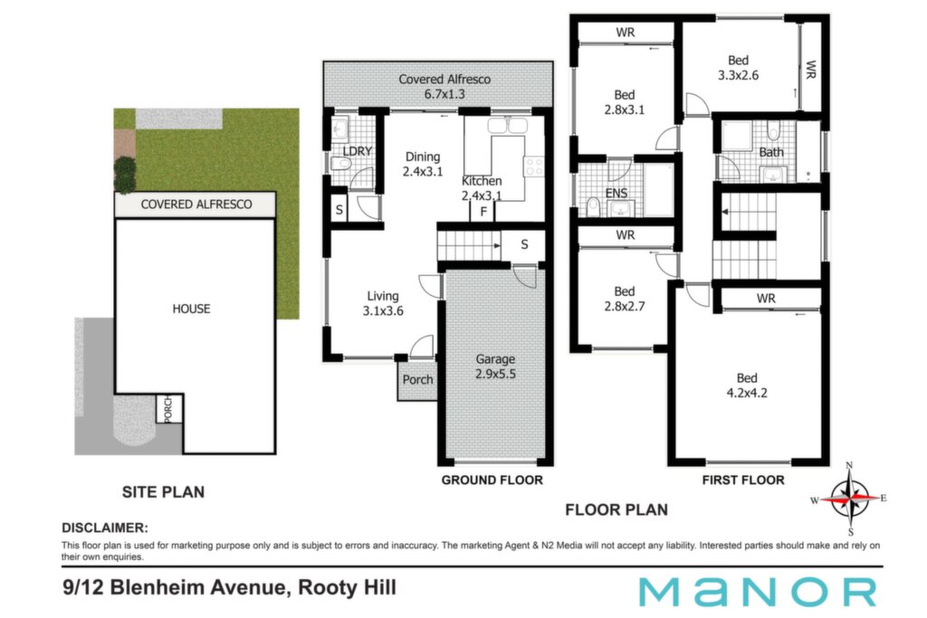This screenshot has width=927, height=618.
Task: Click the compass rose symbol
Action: tap(849, 499)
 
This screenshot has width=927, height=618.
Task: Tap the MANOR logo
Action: tap(758, 592)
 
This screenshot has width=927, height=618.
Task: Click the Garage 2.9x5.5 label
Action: tap(495, 366)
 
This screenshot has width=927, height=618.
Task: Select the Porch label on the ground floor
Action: tap(417, 380)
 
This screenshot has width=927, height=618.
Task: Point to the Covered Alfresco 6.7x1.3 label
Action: tap(444, 86)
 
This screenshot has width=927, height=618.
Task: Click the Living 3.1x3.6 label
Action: tap(383, 304)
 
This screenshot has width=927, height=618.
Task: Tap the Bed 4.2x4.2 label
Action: tap(747, 385)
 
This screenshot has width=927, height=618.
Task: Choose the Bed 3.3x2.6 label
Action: tap(738, 67)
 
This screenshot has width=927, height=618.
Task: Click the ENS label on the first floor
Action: tap(616, 194)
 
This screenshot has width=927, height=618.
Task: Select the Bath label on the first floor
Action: tap(771, 152)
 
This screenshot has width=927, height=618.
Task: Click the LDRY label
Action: tap(357, 151)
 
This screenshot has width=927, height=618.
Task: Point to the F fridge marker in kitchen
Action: tap(483, 212)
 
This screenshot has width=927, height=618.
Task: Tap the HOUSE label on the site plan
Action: tap(191, 309)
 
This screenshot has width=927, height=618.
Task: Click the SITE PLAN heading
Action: tap(163, 492)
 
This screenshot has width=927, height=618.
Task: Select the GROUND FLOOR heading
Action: tap(492, 480)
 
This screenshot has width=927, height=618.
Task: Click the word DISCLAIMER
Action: tap(105, 528)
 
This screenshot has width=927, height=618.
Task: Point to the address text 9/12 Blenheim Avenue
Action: tap(175, 588)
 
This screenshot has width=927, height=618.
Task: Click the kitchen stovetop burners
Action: tap(534, 166)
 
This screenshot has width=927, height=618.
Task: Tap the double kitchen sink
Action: tap(507, 126)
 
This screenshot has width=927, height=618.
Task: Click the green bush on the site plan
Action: tap(124, 175)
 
